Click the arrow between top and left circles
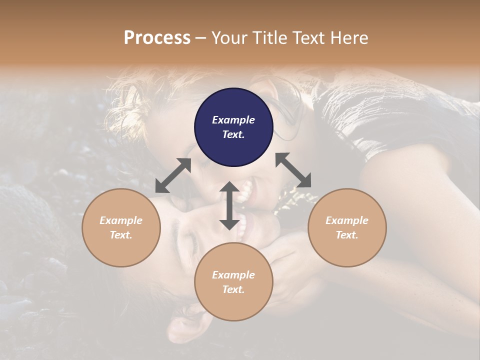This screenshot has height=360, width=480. point(173,175)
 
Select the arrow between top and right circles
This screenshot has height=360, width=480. point(293,170)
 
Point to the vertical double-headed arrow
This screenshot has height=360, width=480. point(229,205)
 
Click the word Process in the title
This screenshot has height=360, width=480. point(157,37)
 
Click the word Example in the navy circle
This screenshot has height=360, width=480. point(233,120)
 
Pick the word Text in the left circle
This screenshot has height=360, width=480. point(121,235)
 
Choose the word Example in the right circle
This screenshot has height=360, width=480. point(347,220)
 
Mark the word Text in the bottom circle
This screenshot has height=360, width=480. point(233,289)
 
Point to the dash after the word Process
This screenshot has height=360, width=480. point(201,38)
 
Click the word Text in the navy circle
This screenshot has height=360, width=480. point(233,134)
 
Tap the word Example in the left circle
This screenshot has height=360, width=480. point(121,220)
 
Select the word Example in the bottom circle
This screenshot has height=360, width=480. point(233,275)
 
